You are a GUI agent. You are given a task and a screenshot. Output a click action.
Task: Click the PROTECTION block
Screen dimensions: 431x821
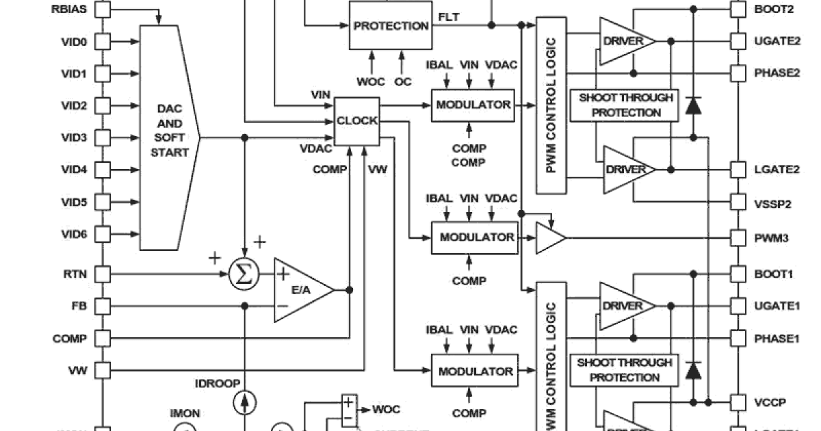[391, 26]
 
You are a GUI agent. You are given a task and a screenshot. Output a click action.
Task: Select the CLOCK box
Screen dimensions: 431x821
[356, 121]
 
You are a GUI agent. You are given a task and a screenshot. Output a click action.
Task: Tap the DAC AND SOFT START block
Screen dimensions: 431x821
[169, 138]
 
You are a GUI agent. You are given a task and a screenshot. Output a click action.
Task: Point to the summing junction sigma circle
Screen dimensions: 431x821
[243, 274]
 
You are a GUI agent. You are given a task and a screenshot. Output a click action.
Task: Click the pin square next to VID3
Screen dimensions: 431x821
[102, 138]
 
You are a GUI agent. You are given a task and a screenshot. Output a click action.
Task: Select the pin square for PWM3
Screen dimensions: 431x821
[738, 238]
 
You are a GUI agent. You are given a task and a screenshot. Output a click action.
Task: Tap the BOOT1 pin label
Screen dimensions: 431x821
[773, 274]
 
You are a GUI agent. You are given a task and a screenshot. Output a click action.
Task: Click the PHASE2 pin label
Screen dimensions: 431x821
[777, 73]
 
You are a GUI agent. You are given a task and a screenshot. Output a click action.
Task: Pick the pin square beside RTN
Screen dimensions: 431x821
[102, 274]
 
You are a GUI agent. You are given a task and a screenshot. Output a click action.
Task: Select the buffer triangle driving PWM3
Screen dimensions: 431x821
[549, 238]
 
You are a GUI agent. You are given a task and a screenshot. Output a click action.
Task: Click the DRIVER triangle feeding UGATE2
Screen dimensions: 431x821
[625, 41]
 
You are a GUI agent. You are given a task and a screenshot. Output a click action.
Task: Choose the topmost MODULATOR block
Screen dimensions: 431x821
[473, 105]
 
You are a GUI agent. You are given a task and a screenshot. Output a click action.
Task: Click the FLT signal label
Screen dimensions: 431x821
[449, 16]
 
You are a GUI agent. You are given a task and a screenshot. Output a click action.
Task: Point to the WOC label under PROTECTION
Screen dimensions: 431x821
[370, 81]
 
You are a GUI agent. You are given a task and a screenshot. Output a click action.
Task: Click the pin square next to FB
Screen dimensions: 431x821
[102, 306]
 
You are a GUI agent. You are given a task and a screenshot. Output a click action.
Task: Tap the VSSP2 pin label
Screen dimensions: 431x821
[773, 203]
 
